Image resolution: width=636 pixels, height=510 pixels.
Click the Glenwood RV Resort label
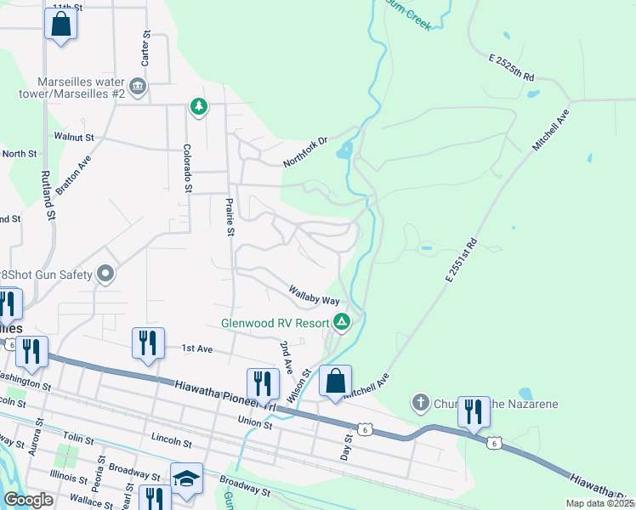click(275, 323)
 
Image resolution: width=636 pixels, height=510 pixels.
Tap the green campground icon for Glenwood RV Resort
click(342, 321)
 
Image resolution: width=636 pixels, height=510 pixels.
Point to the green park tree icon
click(198, 106)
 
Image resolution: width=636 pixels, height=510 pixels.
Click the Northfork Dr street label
click(306, 152)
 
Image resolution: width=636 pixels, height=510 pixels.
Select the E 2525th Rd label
click(511, 68)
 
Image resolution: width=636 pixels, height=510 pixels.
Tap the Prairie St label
click(230, 217)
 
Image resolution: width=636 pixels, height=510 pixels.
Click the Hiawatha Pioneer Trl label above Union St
click(224, 396)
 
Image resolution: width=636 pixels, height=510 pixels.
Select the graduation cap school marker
click(186, 479)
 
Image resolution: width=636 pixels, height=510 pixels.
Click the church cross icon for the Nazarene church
click(419, 402)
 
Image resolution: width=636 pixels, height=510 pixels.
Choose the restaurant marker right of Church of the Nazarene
click(472, 412)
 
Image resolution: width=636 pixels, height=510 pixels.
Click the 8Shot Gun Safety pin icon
click(106, 274)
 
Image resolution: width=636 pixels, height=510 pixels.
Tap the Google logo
click(28, 500)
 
